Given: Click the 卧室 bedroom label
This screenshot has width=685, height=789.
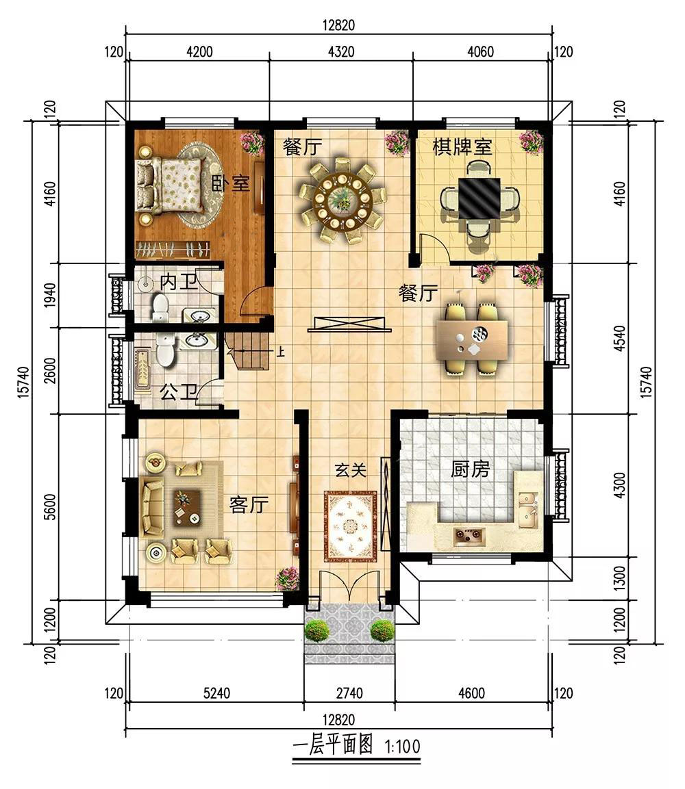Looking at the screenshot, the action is (x=230, y=183).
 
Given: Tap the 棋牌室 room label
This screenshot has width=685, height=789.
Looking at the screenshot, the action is (x=462, y=146).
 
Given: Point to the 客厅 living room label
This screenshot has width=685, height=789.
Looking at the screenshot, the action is (x=249, y=504).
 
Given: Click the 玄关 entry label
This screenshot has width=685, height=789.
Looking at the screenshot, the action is (x=351, y=470).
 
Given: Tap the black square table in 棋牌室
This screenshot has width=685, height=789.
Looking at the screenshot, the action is (x=479, y=198).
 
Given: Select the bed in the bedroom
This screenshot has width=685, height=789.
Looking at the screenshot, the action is (x=171, y=184).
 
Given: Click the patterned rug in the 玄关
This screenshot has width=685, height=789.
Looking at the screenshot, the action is (x=351, y=526).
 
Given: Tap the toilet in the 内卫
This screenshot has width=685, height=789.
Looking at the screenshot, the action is (x=160, y=308).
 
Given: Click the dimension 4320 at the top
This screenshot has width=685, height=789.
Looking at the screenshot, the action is (x=341, y=52).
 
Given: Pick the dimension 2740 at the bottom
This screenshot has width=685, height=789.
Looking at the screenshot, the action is (x=349, y=693).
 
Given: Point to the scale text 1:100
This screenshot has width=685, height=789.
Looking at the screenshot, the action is (x=402, y=746).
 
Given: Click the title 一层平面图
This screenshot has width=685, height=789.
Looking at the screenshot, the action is (x=333, y=745).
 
